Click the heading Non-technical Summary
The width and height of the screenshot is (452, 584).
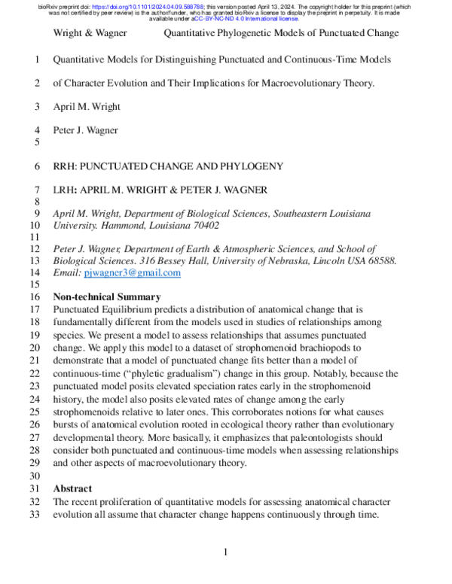[106, 297]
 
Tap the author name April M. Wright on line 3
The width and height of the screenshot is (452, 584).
[87, 106]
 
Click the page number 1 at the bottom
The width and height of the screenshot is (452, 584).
[226, 553]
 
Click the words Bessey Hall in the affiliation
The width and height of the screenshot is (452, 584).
[175, 261]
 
